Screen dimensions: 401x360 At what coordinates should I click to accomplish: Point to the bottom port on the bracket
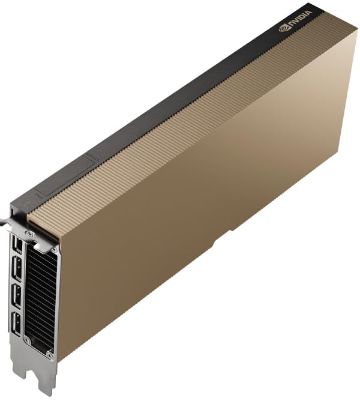17,325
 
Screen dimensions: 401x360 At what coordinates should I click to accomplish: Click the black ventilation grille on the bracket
43,300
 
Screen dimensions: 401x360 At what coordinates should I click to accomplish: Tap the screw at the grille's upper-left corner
29,233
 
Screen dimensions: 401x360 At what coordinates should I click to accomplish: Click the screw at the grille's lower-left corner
26,341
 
